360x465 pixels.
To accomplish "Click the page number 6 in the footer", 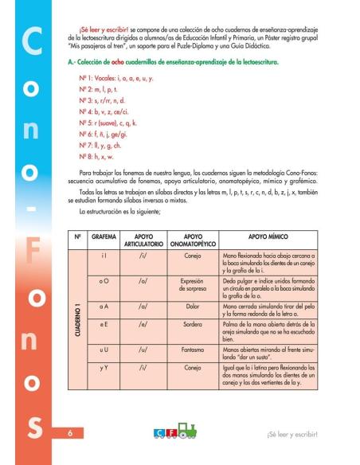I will [69, 434].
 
